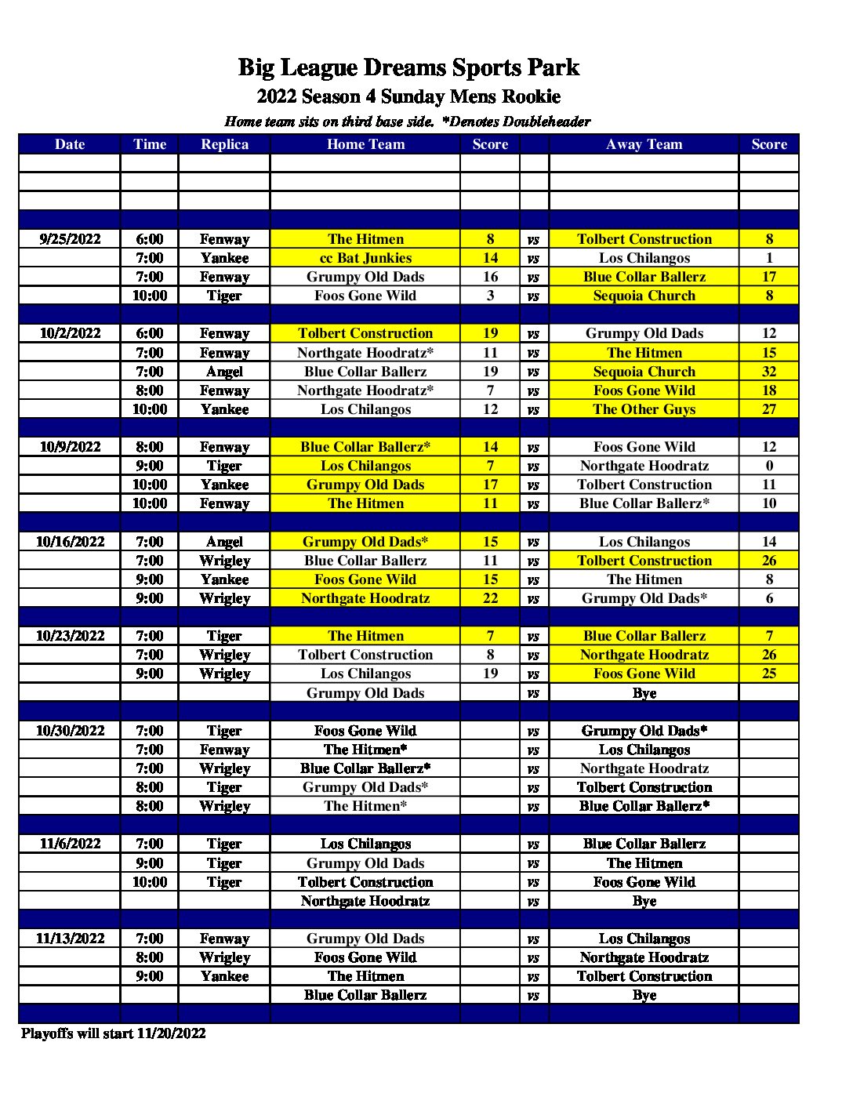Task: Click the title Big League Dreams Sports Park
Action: pyautogui.click(x=408, y=67)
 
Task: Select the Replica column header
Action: pyautogui.click(x=224, y=144)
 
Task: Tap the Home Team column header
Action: pyautogui.click(x=365, y=144)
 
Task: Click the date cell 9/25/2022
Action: pyautogui.click(x=70, y=239)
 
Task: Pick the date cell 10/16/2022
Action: pyautogui.click(x=70, y=542)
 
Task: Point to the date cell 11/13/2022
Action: pyautogui.click(x=70, y=939)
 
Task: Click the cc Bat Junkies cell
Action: pyautogui.click(x=365, y=258)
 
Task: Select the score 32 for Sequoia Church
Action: pyautogui.click(x=768, y=372)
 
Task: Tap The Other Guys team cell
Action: pyautogui.click(x=644, y=409)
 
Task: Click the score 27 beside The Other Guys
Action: pyautogui.click(x=768, y=409)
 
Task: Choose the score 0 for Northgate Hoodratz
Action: pyautogui.click(x=768, y=466)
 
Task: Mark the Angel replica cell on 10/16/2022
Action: pyautogui.click(x=224, y=542)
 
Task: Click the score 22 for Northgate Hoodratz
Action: pyautogui.click(x=490, y=598)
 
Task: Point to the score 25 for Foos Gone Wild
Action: pyautogui.click(x=768, y=674)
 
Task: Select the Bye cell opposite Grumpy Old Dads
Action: pyautogui.click(x=644, y=693)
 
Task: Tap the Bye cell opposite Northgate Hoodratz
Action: pyautogui.click(x=644, y=901)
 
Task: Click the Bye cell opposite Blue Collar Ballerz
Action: pyautogui.click(x=644, y=995)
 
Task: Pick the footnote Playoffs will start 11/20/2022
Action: pyautogui.click(x=114, y=1033)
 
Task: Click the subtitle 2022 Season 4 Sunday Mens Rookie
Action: pyautogui.click(x=408, y=97)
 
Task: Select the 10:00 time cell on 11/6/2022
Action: pyautogui.click(x=149, y=882)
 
